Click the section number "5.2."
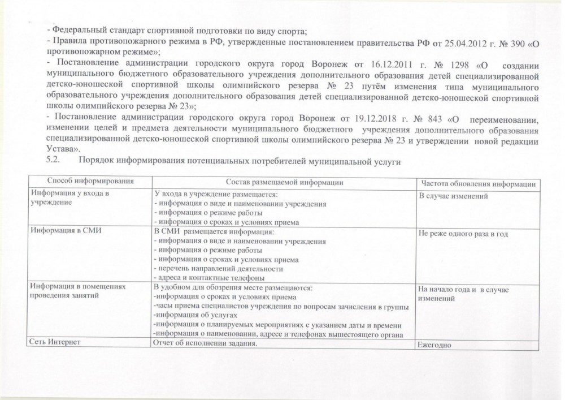(x=52, y=161)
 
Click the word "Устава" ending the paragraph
(x=59, y=149)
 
